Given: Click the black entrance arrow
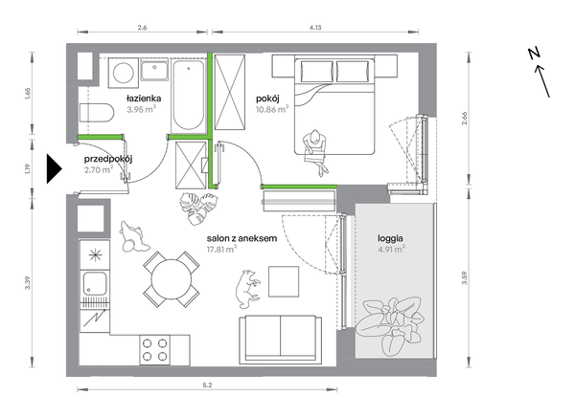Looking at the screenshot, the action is point(54,168).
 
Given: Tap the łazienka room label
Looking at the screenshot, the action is point(144,99).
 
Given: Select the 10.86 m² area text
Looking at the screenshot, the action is point(272,109).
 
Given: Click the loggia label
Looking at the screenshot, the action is point(390,238).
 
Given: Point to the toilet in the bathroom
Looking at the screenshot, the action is point(97,113).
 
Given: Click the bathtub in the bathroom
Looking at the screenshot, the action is point(189,97).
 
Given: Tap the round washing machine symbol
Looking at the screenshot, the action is point(124,73).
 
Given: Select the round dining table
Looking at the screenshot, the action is point(172,279).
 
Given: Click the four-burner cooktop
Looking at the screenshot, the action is point(154,349).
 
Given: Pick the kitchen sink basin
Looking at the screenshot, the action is point(95,284).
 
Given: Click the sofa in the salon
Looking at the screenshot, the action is point(281,340).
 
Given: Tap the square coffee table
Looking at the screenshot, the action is point(284,281).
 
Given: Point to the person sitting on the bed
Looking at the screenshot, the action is point(315,151).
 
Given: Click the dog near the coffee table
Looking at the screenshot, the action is point(247,289).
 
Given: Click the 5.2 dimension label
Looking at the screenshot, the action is point(207,385).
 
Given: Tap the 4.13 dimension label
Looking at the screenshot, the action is point(315,27).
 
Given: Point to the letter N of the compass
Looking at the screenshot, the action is point(535,54).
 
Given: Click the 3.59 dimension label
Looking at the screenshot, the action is point(465,277).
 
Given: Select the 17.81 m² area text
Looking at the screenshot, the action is point(221,250).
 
